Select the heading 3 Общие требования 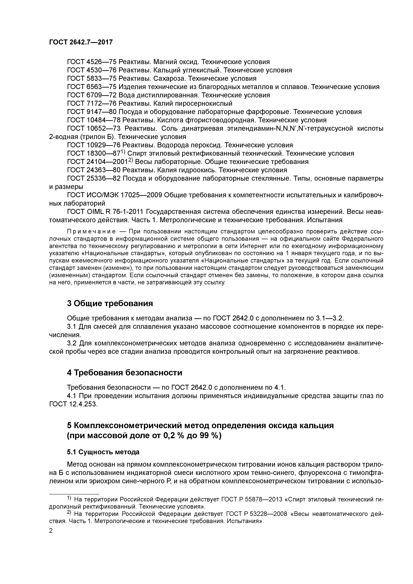pyautogui.click(x=110, y=303)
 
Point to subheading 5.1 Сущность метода pyautogui.click(x=103, y=452)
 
